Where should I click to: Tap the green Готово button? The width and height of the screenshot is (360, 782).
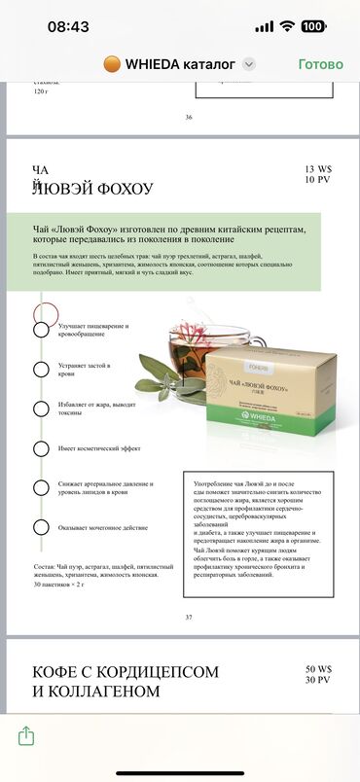(320, 64)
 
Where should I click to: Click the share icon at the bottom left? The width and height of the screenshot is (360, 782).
(26, 736)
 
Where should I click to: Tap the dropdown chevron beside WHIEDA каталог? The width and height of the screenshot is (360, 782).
(249, 64)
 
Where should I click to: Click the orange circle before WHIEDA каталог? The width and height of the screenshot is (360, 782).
(111, 64)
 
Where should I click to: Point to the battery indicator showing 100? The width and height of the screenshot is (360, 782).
(340, 26)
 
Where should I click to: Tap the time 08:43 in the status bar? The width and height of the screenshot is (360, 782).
(68, 26)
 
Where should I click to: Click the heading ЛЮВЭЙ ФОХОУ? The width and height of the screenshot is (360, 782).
(92, 188)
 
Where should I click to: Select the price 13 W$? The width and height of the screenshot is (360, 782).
(318, 168)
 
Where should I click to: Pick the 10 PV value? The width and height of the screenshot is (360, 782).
(318, 180)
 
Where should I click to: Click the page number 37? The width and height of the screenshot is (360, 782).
(189, 617)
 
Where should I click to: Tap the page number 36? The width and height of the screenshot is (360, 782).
(189, 117)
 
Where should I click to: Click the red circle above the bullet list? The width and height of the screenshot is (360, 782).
(45, 313)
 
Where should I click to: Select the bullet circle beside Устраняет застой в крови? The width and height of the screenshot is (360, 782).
(41, 369)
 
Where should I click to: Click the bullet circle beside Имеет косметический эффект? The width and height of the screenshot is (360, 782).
(41, 448)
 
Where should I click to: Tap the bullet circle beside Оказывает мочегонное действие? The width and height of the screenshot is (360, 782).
(41, 528)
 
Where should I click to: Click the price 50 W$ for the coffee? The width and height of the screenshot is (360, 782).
(318, 669)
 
